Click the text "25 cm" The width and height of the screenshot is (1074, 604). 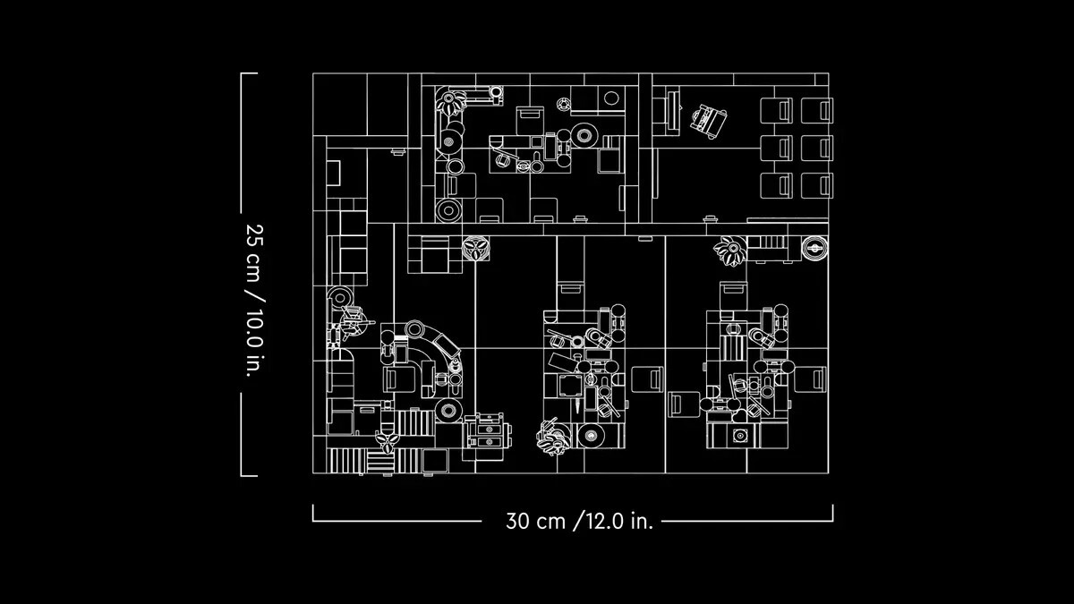click(254, 252)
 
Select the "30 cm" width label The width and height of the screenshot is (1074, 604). click(535, 521)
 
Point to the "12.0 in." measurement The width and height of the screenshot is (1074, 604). click(619, 521)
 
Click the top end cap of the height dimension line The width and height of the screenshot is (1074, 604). click(249, 73)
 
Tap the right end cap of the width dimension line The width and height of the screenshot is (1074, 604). click(833, 513)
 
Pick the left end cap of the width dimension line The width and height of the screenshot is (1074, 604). click(313, 513)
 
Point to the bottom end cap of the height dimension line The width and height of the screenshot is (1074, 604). click(249, 476)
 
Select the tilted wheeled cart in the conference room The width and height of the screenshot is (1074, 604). click(708, 122)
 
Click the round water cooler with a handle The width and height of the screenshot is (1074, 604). click(814, 248)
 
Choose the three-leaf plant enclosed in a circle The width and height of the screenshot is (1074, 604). click(475, 249)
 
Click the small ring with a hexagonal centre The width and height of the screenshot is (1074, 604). click(564, 104)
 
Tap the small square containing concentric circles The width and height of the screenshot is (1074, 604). click(740, 436)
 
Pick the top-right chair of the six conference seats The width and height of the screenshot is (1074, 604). click(817, 110)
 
